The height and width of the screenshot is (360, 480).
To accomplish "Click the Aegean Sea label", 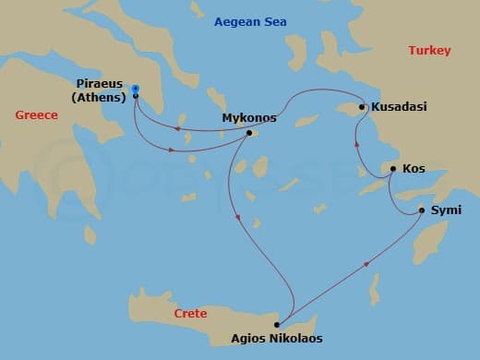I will [x=249, y=21].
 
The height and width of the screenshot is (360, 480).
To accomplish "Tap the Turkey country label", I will [x=429, y=51].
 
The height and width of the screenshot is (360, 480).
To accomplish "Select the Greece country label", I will [x=37, y=114].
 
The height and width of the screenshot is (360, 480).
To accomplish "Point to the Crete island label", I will [x=190, y=314].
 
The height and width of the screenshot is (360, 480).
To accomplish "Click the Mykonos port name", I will [x=249, y=118].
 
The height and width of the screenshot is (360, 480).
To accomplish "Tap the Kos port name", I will [x=414, y=170].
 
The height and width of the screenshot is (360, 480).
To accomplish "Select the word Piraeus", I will [x=101, y=83].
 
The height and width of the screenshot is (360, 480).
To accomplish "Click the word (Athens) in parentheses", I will [x=100, y=96].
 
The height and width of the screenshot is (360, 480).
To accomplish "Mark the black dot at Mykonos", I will [x=249, y=132].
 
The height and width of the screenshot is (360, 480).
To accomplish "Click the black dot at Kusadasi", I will [x=363, y=107].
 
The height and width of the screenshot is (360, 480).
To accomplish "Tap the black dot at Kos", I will [x=392, y=169].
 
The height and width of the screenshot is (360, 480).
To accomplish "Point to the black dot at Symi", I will [x=422, y=210].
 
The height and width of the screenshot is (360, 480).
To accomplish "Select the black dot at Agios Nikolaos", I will [x=277, y=325].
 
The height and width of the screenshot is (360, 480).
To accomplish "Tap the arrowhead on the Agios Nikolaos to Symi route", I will [x=368, y=264].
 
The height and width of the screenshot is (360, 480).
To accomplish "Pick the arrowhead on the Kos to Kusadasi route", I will [x=355, y=143].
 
